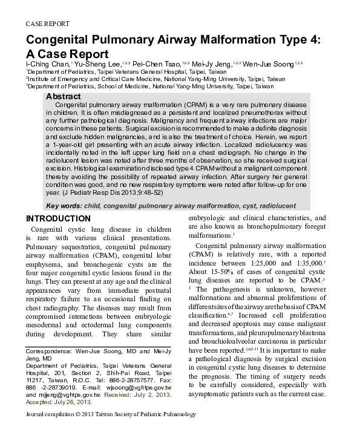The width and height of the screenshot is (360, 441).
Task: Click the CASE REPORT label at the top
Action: (x=47, y=24)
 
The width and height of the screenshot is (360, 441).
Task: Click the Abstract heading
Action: (x=63, y=97)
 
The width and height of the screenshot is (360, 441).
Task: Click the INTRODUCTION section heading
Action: (x=58, y=218)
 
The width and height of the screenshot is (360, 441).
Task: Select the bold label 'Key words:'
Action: (x=65, y=206)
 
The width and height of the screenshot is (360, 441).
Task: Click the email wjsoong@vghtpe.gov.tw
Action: (x=142, y=387)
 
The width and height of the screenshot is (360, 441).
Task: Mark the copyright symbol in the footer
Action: (x=78, y=414)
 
